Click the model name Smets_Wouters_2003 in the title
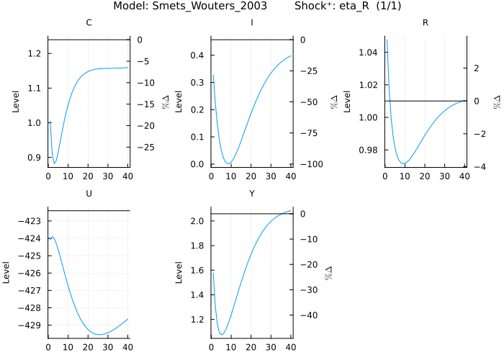click(x=200, y=6)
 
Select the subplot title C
click(x=89, y=23)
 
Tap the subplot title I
click(x=251, y=23)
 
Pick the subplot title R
click(x=426, y=23)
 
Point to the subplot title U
click(x=89, y=194)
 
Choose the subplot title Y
click(x=251, y=194)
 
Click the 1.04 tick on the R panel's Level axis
click(x=369, y=53)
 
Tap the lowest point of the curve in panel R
click(x=405, y=163)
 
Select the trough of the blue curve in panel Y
click(x=222, y=335)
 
